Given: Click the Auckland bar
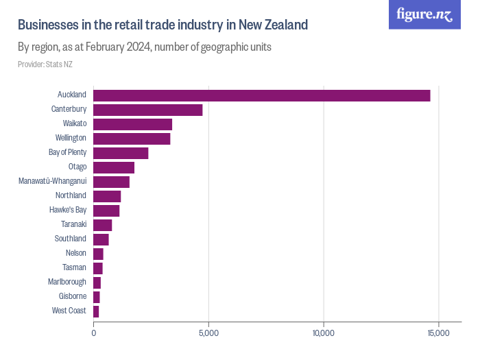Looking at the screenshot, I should click(x=261, y=95).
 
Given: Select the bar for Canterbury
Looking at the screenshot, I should click(x=147, y=110).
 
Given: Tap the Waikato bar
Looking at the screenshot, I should click(x=132, y=124).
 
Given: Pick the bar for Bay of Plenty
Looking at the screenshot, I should click(x=121, y=153).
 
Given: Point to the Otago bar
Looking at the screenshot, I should click(x=114, y=167).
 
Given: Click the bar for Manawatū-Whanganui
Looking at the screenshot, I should click(x=111, y=182).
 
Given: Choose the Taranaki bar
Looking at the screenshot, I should click(x=102, y=225).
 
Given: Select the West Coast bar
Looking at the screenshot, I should click(x=96, y=311).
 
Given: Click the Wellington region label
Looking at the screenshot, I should click(x=71, y=139).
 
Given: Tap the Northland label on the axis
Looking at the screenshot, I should click(x=71, y=196).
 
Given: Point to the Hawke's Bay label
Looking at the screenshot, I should click(x=68, y=211).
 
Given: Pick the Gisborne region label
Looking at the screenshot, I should click(x=73, y=297).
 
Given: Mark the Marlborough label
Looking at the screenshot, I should click(x=67, y=283).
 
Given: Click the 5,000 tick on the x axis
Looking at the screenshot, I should click(x=208, y=333).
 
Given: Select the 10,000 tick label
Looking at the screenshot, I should click(x=323, y=333).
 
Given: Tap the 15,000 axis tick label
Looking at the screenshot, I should click(x=437, y=333).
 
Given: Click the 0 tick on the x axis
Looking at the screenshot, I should click(x=94, y=333).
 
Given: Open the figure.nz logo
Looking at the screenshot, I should click(x=424, y=14).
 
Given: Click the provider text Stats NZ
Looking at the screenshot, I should click(x=45, y=64).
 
